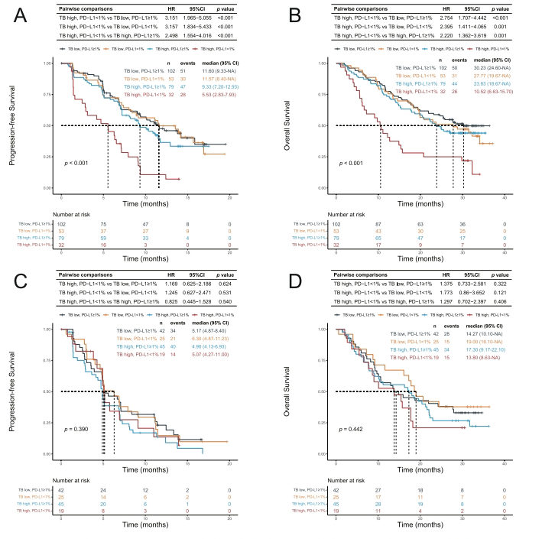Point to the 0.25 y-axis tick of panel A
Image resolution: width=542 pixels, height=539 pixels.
(x=49, y=157)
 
